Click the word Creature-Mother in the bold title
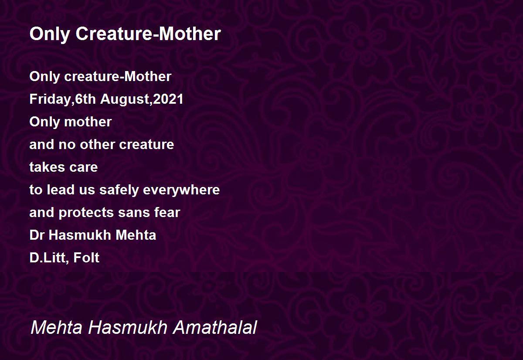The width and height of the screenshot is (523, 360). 148,34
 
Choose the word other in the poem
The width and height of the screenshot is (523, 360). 97,144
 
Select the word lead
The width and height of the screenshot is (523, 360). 60,190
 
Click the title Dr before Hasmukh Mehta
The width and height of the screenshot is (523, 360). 37,235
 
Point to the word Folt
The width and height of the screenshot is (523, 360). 86,258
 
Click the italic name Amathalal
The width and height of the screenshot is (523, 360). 215,327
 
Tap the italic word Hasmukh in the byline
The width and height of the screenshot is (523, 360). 127,327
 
